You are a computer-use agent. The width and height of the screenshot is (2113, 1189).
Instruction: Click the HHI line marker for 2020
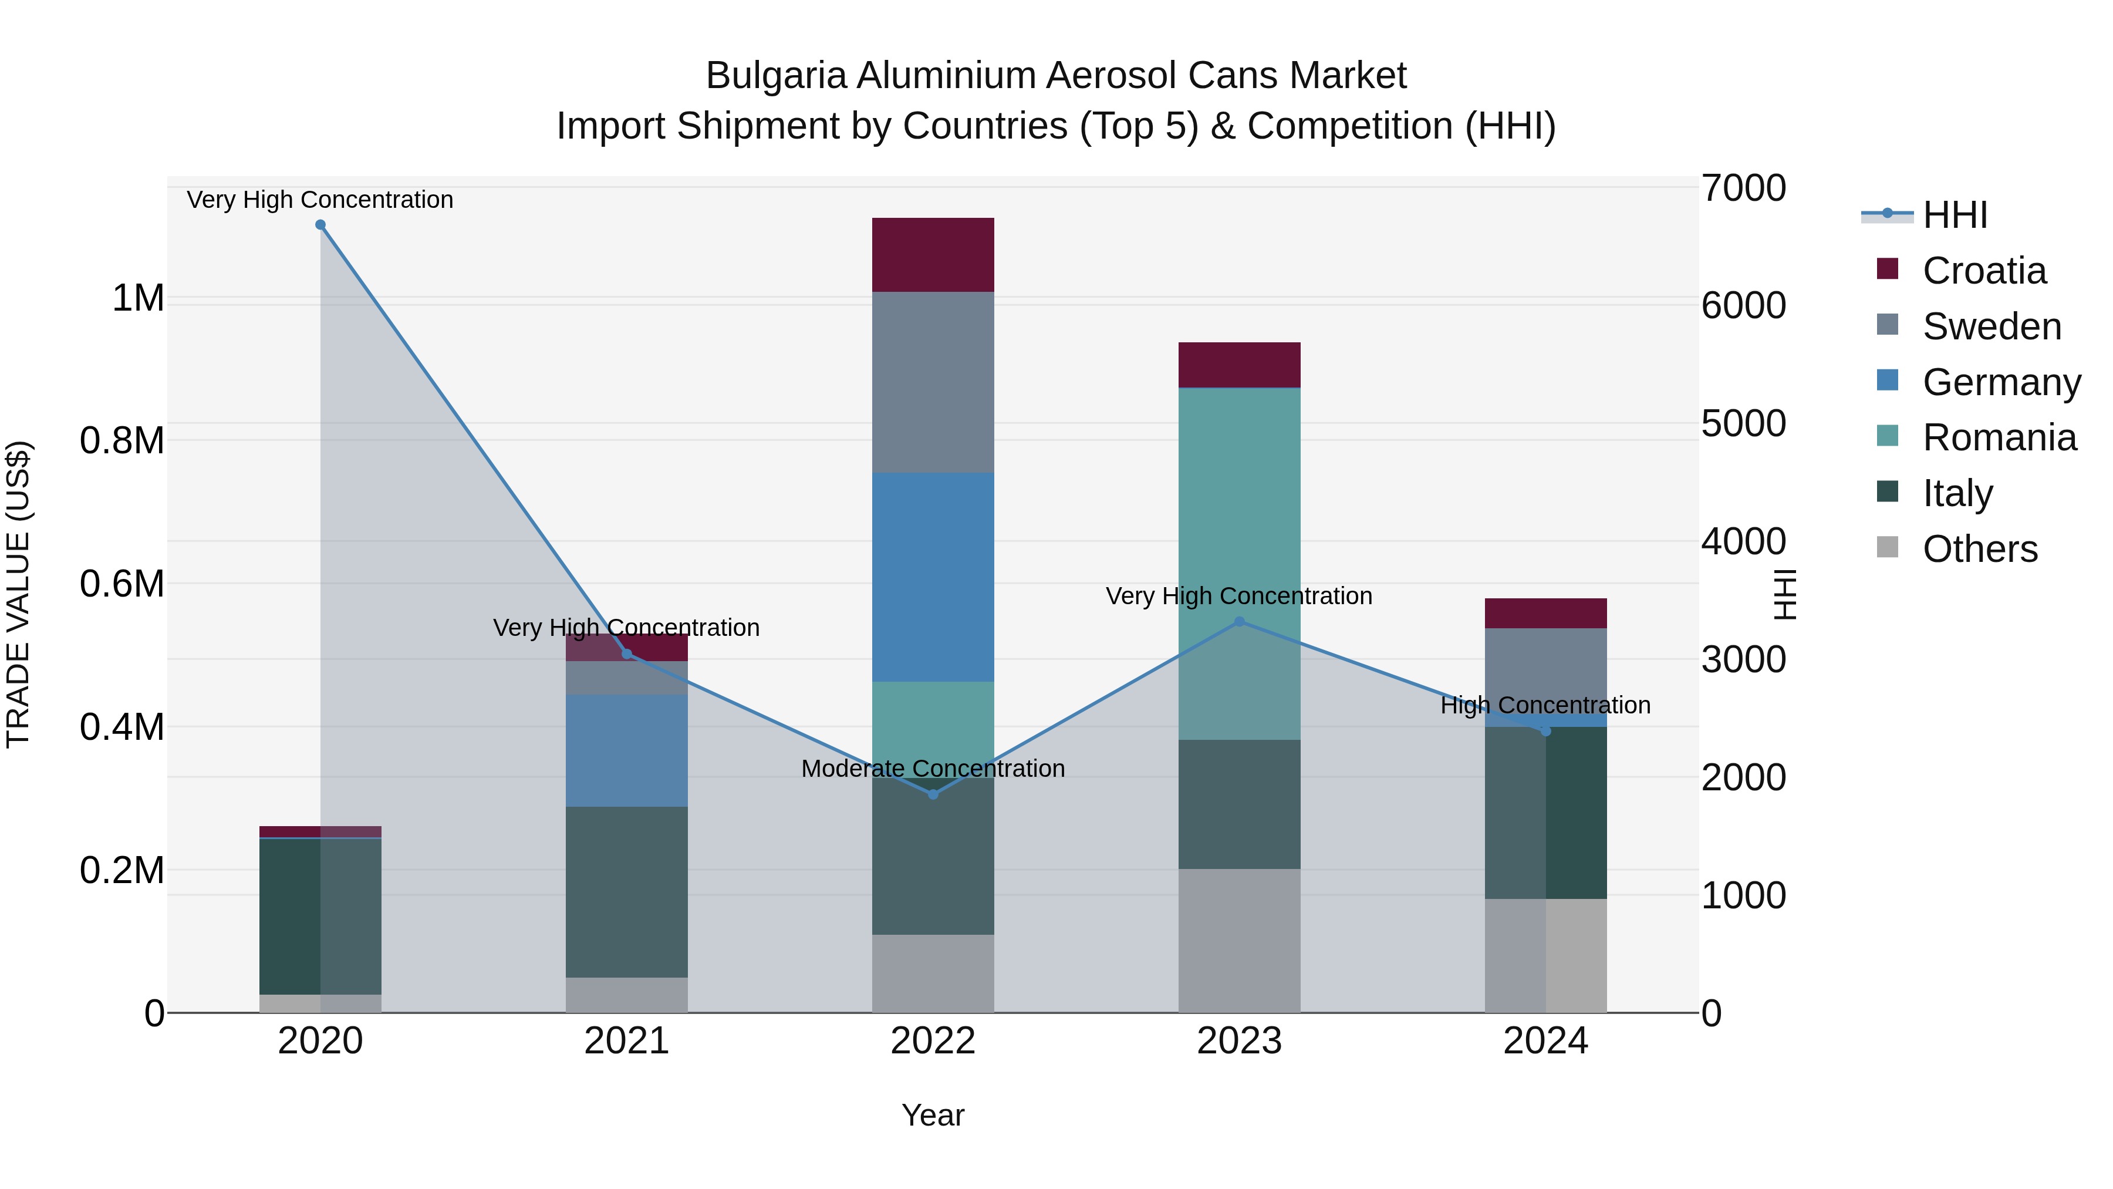(x=320, y=225)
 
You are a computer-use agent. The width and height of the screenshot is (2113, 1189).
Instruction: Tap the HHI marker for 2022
(x=933, y=794)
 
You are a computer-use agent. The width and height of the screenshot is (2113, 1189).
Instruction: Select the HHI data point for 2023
(x=1240, y=622)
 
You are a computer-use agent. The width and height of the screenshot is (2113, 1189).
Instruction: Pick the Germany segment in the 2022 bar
(x=933, y=577)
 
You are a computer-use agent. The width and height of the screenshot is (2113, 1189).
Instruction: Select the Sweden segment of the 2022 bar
(x=933, y=382)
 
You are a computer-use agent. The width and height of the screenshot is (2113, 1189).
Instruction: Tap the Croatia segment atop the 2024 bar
(x=1545, y=613)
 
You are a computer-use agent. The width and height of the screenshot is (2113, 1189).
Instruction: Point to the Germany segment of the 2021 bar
(x=627, y=751)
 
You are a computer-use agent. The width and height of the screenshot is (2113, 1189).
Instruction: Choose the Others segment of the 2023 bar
(x=1240, y=941)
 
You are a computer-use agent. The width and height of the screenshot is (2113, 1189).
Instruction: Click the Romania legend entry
(x=1999, y=437)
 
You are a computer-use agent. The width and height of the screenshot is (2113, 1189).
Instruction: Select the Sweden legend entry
(x=1992, y=326)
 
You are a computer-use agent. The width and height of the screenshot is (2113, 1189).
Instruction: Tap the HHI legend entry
(x=1955, y=215)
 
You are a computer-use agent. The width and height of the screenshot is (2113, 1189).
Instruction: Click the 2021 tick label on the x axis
(x=627, y=1041)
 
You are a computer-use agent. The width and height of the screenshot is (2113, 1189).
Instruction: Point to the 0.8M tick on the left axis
(x=122, y=440)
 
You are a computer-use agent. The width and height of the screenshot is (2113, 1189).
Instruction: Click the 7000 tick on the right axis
(x=1743, y=188)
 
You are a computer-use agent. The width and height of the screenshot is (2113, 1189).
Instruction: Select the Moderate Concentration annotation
(x=933, y=769)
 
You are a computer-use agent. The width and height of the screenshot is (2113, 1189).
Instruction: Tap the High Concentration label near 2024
(x=1545, y=706)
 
